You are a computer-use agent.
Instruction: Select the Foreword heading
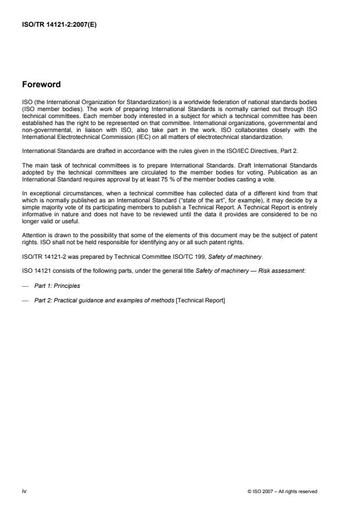click(42, 85)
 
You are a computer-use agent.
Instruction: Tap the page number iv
click(24, 491)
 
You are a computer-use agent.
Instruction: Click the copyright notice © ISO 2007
click(283, 491)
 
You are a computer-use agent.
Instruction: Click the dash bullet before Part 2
click(24, 301)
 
